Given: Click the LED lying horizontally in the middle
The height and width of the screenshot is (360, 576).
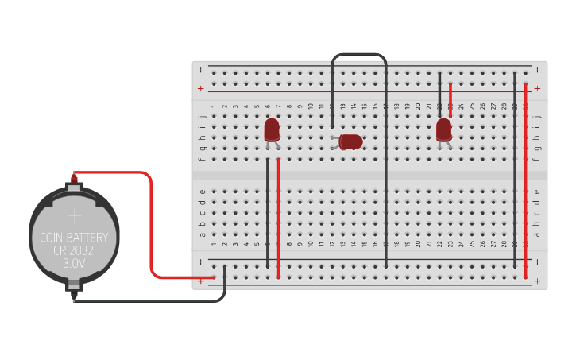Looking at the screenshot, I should point(350,141).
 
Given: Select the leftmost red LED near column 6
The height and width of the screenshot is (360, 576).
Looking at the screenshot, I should point(272,129).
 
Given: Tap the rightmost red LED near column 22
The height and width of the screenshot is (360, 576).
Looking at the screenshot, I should point(444,129).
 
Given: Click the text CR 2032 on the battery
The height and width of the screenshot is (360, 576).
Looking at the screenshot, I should point(74,251).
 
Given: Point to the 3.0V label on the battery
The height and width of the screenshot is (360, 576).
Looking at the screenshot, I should point(74,265).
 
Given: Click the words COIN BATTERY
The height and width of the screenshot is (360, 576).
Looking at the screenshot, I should point(74,238).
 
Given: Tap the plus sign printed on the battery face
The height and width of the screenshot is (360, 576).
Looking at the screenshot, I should point(74,215).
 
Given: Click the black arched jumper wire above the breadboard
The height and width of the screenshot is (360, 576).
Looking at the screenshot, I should point(359,55).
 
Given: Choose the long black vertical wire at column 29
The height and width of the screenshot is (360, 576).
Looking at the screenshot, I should point(515,175).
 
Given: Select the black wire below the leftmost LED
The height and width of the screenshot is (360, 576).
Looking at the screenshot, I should point(268,215).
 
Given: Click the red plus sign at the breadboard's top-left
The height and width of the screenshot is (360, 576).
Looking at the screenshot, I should point(201,88).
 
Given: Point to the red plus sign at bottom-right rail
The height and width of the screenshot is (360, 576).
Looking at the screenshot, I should point(538,281).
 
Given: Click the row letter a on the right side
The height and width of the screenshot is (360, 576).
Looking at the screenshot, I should point(537,234).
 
